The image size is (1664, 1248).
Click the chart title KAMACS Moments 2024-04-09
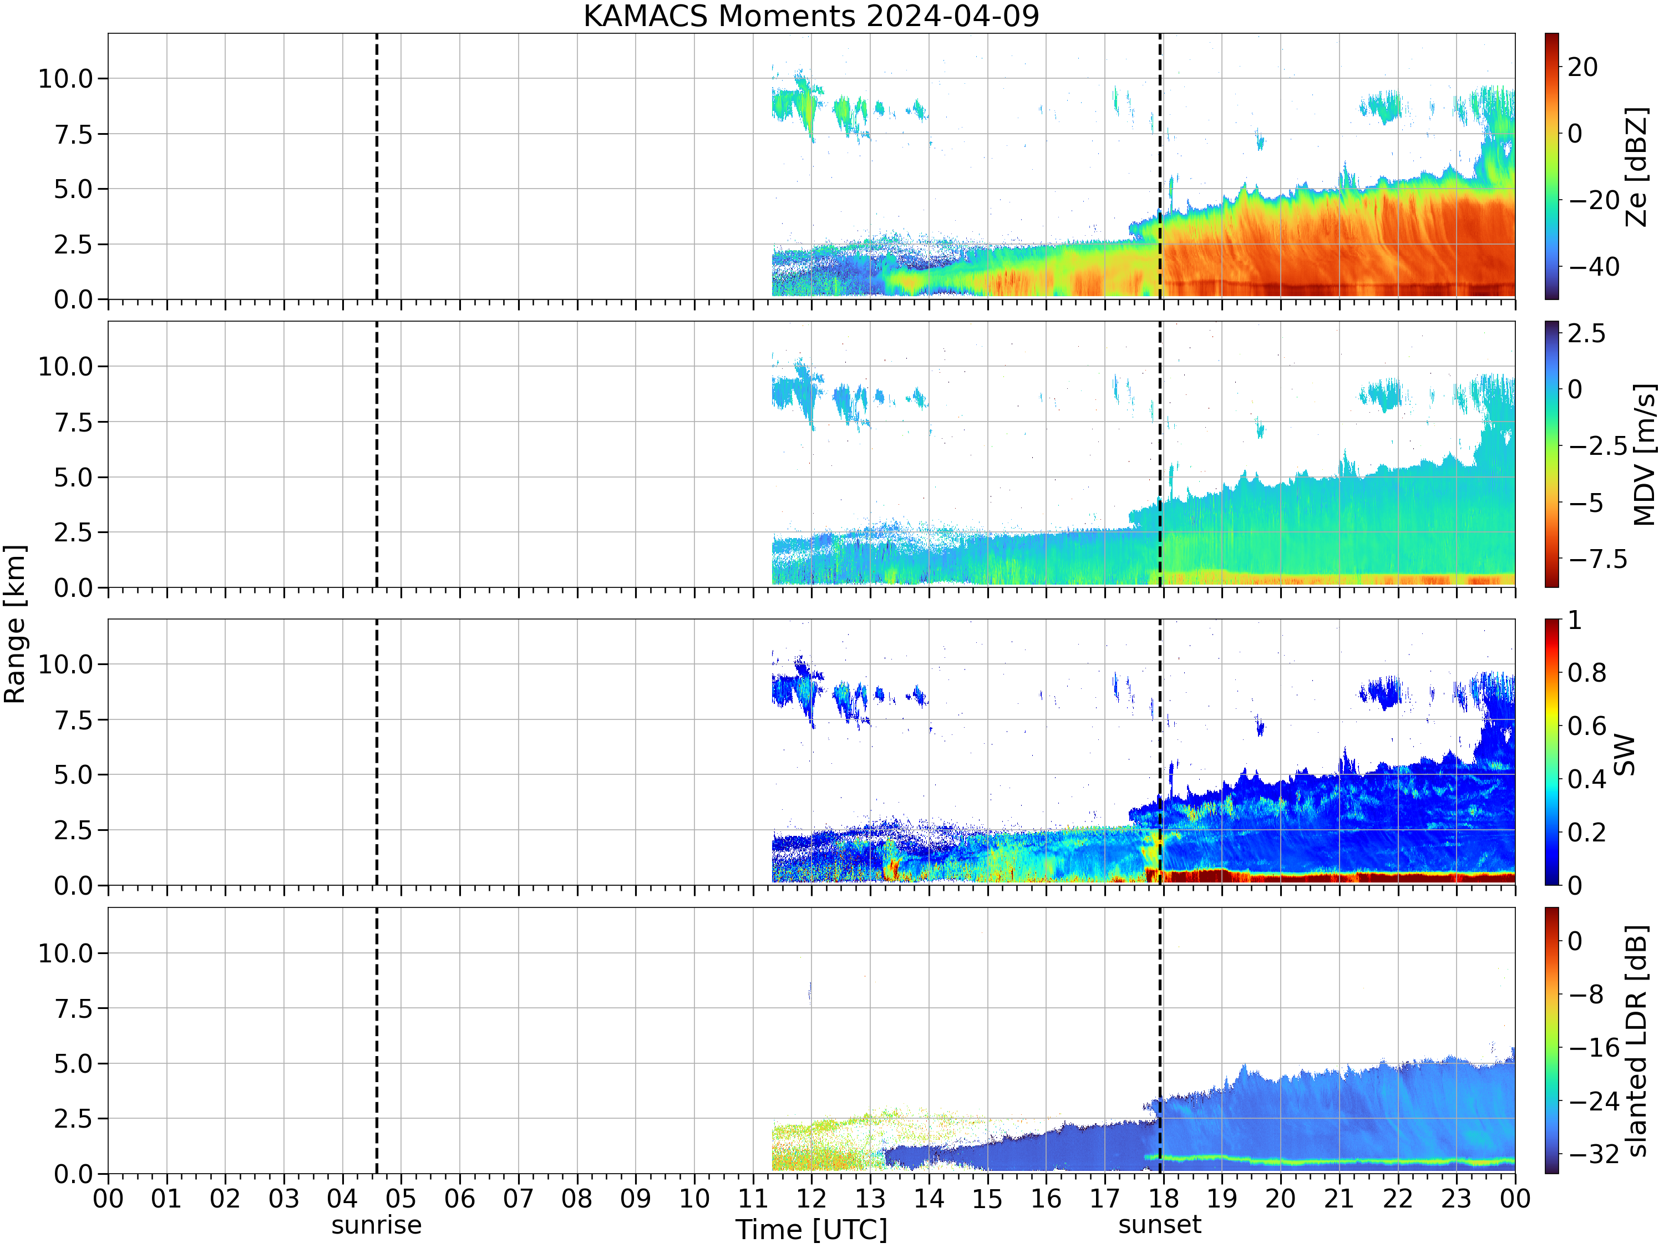tap(811, 16)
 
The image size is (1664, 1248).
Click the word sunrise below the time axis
tap(376, 1225)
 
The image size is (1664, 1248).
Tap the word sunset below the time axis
tap(1159, 1225)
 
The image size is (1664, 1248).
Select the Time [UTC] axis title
tap(811, 1230)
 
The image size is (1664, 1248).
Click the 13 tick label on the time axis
tap(870, 1198)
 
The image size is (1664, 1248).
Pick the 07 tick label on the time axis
tap(518, 1198)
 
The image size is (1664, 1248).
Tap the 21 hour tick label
tap(1339, 1198)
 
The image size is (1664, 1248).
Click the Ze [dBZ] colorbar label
tap(1636, 166)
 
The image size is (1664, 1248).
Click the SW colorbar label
tap(1625, 754)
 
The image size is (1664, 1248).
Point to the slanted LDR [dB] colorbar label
tap(1636, 1041)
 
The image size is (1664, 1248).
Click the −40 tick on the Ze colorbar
tap(1594, 266)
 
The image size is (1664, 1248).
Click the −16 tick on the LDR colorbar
tap(1594, 1047)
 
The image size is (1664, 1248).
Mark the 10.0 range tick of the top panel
tap(65, 78)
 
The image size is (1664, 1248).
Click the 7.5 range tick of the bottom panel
tap(73, 1008)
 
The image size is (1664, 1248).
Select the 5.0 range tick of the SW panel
tap(73, 775)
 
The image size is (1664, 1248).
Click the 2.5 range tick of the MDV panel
tap(73, 532)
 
